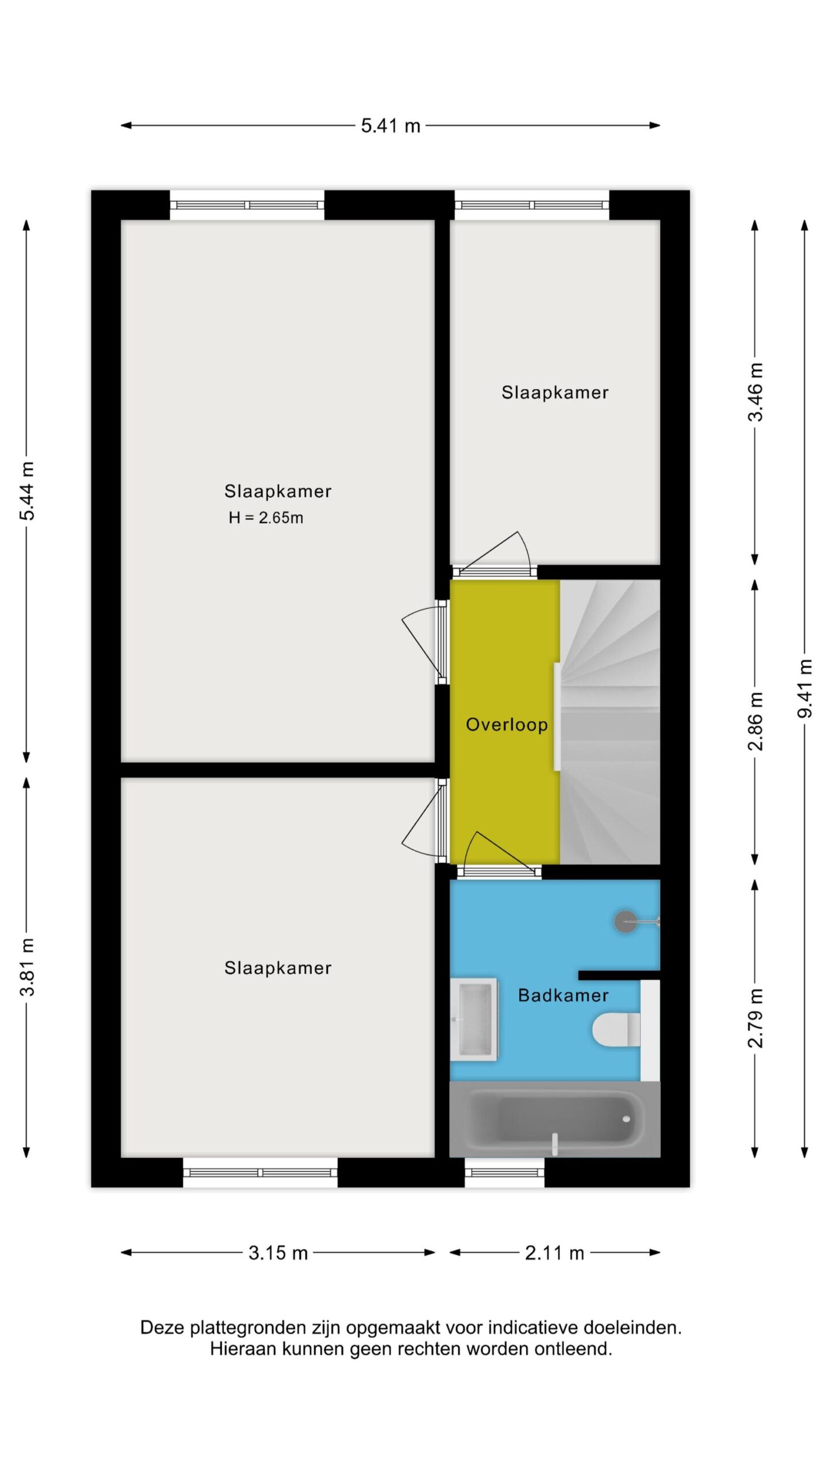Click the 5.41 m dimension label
[391, 125]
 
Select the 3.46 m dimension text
[755, 392]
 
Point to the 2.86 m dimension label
[755, 721]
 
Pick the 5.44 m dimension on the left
[27, 491]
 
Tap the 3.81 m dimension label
[27, 967]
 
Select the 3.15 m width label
[278, 1253]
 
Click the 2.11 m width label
[555, 1253]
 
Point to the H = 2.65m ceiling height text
[266, 518]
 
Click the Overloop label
[507, 725]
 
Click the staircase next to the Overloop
[610, 722]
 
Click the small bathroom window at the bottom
[504, 1172]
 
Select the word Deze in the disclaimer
[163, 1328]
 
